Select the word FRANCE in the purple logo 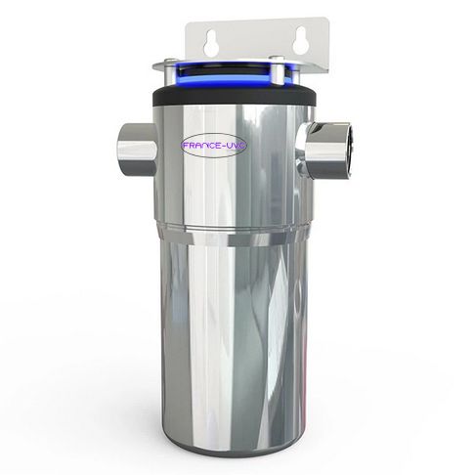(202, 147)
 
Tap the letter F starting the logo (183, 147)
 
